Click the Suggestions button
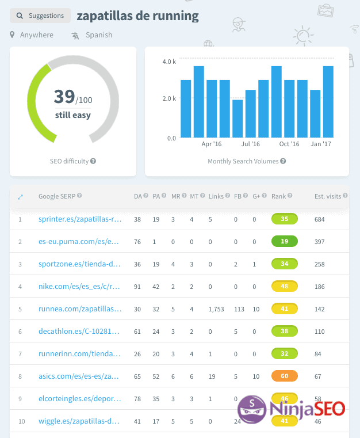[40, 16]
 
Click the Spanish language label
[98, 35]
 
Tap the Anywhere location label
[36, 35]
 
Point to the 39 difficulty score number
[64, 96]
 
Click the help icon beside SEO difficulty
[93, 162]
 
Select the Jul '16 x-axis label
[250, 144]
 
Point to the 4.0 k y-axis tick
[168, 62]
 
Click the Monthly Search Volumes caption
[243, 162]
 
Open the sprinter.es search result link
[80, 219]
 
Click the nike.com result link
[80, 286]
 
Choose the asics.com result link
[80, 376]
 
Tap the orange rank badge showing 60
[284, 376]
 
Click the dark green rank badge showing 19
[284, 242]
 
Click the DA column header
[137, 196]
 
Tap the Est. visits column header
[328, 196]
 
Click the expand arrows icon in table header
[20, 197]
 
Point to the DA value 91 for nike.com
[137, 286]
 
